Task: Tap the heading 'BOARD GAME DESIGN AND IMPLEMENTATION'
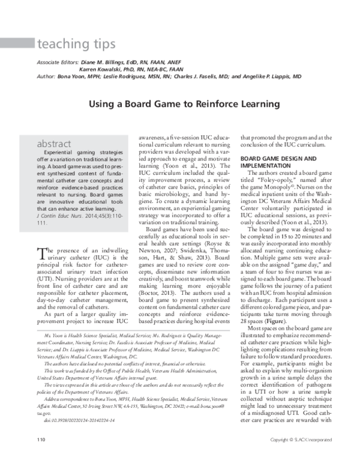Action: tap(278, 163)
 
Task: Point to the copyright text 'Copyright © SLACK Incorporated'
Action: tap(301, 456)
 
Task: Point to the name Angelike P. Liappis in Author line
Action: tap(276, 77)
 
